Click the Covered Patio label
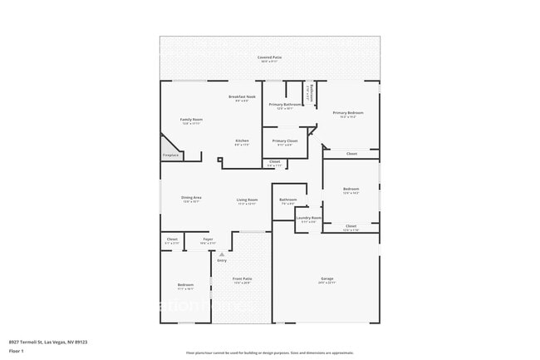(270, 58)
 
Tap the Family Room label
(192, 121)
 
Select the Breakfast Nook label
(242, 98)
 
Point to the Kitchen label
(242, 142)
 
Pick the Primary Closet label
(285, 142)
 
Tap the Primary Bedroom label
(349, 114)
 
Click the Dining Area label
(192, 199)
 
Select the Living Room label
(247, 200)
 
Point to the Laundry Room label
(309, 219)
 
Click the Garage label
(327, 279)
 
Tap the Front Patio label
(242, 280)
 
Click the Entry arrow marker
(222, 254)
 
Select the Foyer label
(208, 240)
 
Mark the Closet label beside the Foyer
(172, 240)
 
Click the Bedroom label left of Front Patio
(185, 286)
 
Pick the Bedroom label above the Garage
(351, 190)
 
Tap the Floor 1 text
(17, 351)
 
